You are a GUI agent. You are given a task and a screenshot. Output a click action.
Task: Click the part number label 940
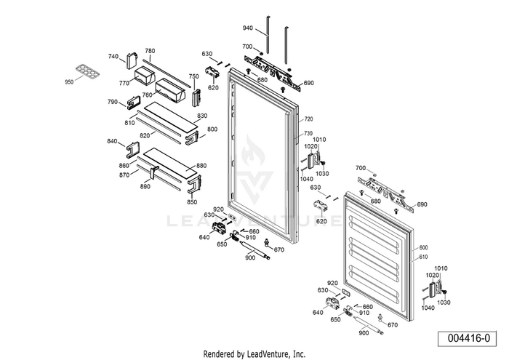coord(247,28)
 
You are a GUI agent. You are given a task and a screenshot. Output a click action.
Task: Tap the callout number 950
coord(70,82)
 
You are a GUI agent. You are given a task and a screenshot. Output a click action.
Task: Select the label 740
coord(113,56)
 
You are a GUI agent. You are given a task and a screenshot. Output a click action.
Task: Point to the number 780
coord(150,51)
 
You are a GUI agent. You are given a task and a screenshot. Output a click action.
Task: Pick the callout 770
coord(124,83)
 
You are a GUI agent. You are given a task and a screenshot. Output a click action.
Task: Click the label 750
coord(193,76)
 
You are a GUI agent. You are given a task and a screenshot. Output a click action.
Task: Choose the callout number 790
coord(113,102)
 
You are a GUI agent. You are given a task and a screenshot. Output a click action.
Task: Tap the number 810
coord(129,123)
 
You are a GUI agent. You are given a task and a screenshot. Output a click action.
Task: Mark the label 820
coord(145,135)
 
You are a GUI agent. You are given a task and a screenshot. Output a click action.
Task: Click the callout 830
coord(202,116)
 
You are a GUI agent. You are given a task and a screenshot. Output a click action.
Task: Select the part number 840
coord(112,140)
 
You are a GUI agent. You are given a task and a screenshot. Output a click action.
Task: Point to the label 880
coord(201,165)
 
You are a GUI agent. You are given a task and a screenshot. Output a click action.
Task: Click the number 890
coord(145,187)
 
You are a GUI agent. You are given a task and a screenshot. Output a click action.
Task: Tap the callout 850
coord(192,201)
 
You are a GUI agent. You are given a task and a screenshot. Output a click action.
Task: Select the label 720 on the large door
coord(308,119)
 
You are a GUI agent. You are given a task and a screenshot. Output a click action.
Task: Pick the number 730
coord(308,133)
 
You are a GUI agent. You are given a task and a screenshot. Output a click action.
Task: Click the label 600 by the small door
coord(423,247)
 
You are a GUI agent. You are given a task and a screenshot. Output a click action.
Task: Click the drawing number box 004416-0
coord(466,339)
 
